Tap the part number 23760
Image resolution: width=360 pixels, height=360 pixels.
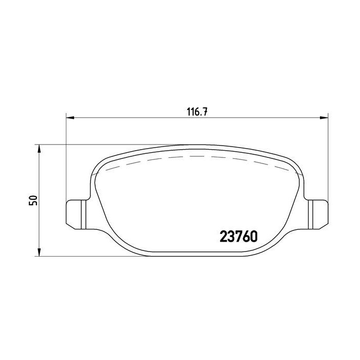239,236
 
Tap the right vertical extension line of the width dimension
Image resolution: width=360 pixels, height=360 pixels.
328,154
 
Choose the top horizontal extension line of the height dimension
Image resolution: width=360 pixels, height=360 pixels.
103,145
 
